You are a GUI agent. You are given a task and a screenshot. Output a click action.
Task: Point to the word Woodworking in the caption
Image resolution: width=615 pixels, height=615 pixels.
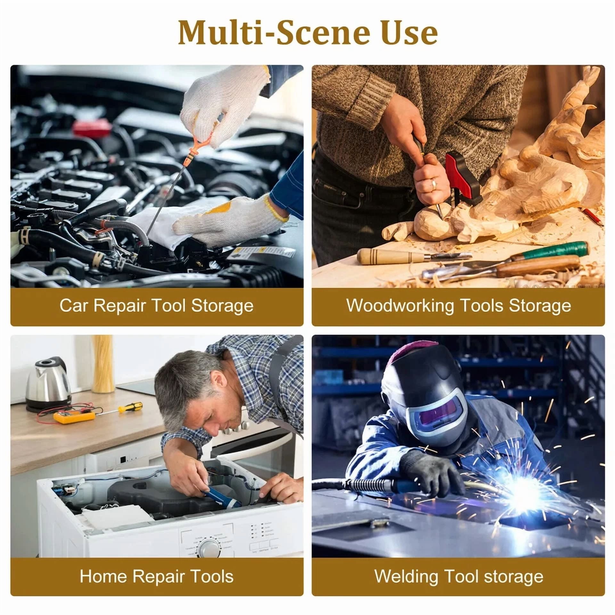coord(400,306)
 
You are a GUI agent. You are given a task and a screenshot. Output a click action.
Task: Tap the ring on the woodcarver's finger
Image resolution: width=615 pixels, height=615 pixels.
coord(434,184)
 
